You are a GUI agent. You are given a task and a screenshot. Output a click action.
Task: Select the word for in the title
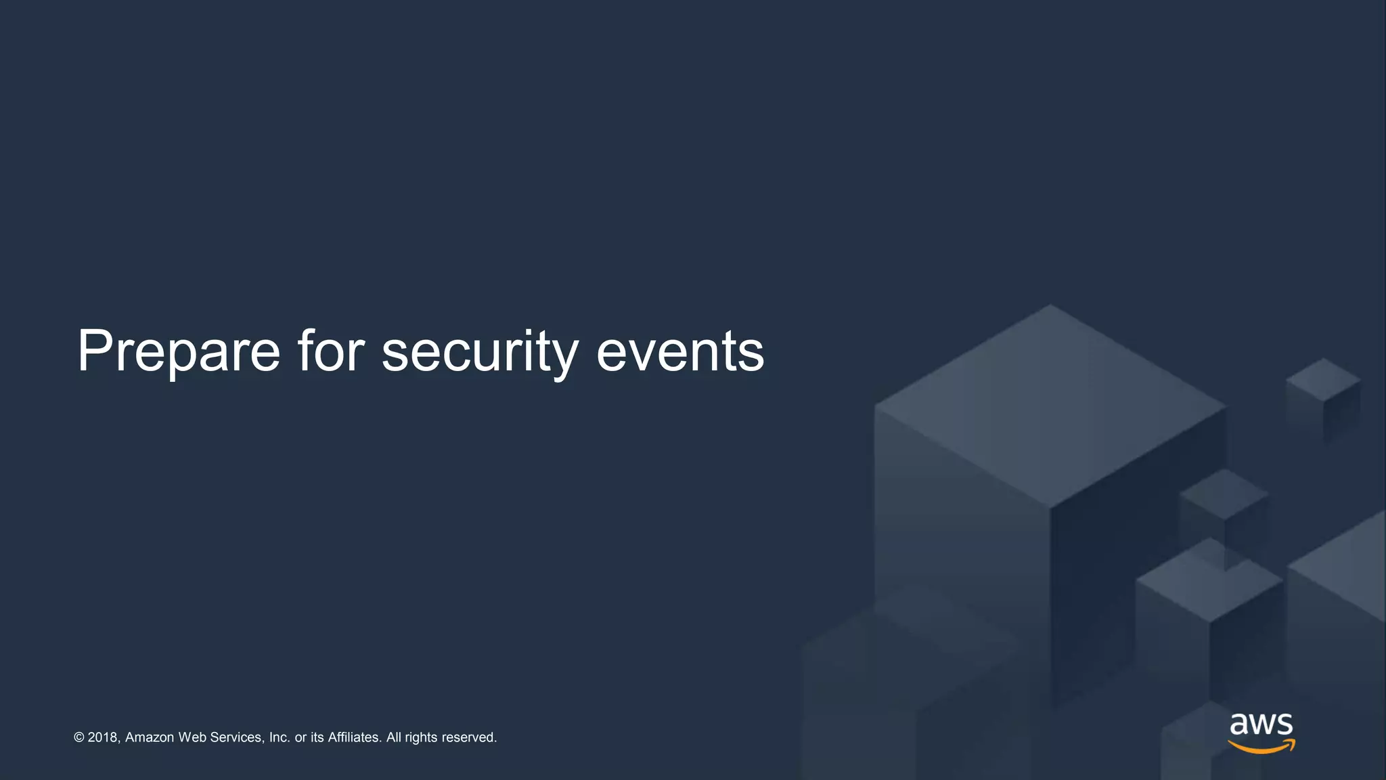(x=331, y=351)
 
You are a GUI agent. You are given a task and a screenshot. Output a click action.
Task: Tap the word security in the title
(x=480, y=351)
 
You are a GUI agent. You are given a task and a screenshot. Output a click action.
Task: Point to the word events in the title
(x=680, y=351)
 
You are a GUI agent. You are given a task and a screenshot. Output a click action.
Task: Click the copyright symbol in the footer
(x=79, y=737)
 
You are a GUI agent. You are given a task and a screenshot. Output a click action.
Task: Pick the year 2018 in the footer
(x=104, y=737)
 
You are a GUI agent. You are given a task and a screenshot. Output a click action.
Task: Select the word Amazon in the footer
(x=150, y=737)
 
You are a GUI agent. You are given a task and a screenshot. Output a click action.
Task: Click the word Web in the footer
(x=192, y=737)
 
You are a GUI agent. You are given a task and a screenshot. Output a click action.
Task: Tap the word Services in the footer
(x=236, y=737)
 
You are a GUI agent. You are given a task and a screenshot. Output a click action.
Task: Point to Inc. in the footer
(x=280, y=737)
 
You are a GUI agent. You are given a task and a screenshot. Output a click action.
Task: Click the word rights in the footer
(x=421, y=737)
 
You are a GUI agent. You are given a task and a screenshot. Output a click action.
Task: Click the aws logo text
(x=1261, y=724)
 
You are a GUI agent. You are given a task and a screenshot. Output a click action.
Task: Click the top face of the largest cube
(x=1050, y=405)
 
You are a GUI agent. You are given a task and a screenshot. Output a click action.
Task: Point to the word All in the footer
(x=393, y=737)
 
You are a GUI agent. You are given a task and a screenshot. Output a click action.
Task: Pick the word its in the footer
(x=317, y=737)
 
